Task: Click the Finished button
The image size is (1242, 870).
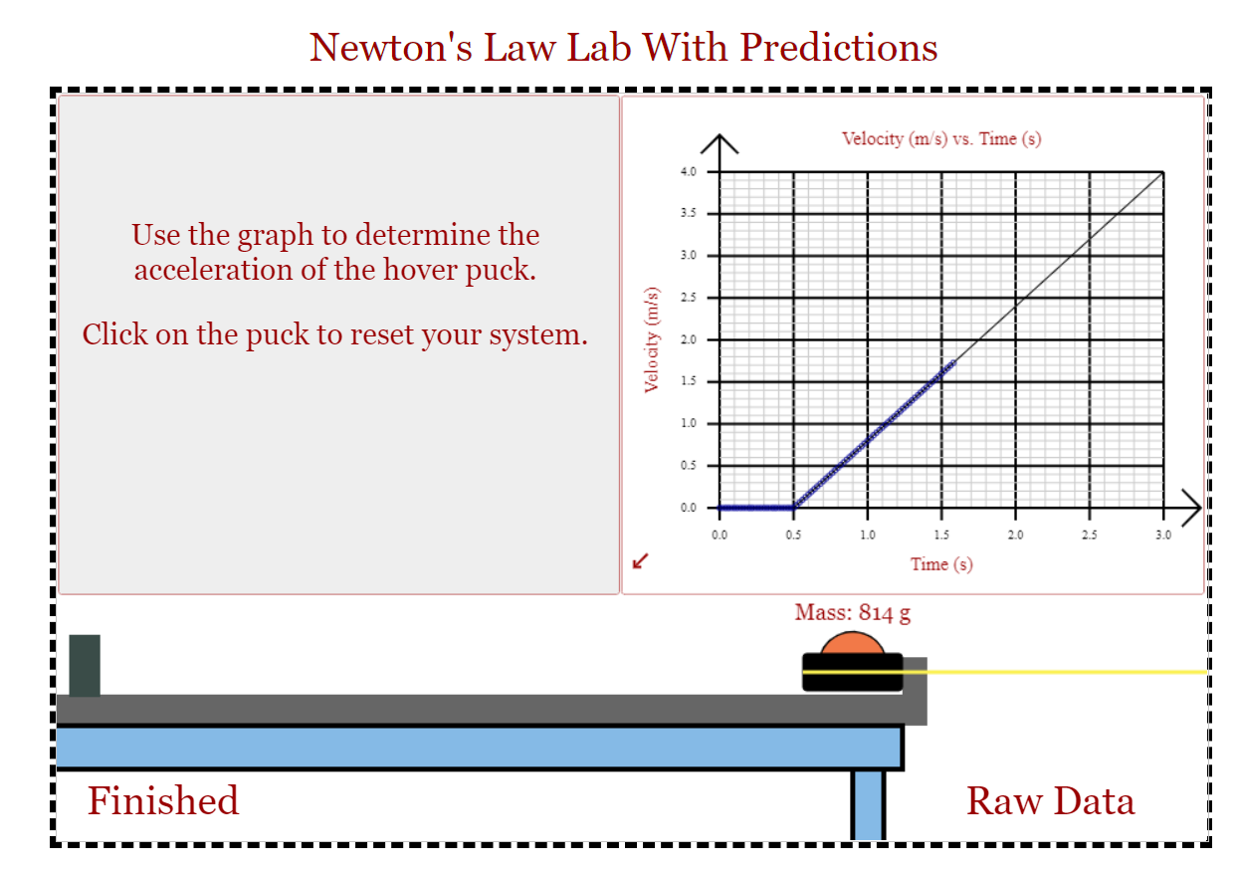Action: (163, 801)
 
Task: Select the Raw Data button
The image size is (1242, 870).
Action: (1050, 801)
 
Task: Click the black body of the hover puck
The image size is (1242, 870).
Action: (853, 674)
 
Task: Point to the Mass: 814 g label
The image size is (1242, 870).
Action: (852, 612)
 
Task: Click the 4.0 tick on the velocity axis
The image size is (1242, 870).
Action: (689, 172)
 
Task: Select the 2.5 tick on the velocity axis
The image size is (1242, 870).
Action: (689, 298)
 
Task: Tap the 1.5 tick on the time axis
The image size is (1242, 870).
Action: (941, 536)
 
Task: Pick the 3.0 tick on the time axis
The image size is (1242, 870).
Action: (1163, 536)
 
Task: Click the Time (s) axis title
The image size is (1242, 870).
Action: (940, 564)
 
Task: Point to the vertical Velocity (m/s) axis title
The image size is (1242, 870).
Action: (652, 339)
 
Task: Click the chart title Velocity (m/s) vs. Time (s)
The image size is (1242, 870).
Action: (940, 138)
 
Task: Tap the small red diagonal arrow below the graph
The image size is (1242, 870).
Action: (640, 562)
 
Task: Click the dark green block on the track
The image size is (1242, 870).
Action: (85, 665)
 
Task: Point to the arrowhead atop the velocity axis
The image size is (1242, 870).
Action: (720, 143)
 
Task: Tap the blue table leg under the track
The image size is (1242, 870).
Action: (868, 804)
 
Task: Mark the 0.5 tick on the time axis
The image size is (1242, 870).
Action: (793, 536)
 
